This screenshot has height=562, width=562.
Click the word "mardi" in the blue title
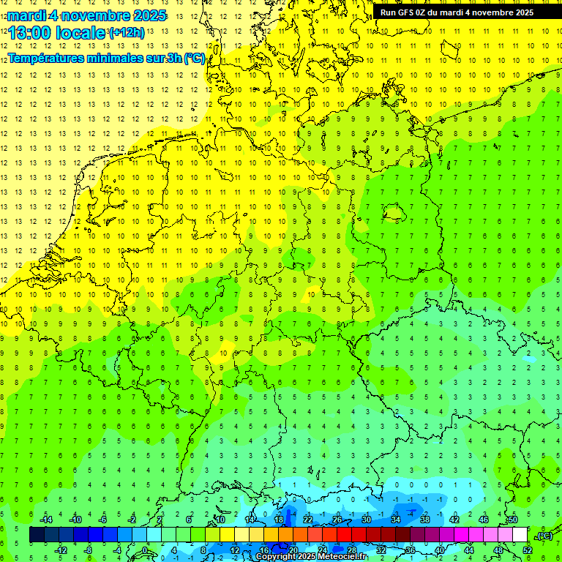click(27, 15)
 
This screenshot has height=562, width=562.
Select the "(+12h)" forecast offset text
click(127, 32)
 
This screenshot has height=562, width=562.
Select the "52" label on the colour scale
click(527, 550)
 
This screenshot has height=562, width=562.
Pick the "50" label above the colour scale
click(513, 520)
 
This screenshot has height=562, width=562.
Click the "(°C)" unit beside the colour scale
click(544, 535)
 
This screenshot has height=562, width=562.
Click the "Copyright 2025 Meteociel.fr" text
click(312, 557)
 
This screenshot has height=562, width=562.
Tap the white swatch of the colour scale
click(520, 535)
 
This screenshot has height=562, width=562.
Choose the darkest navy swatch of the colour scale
click(37, 535)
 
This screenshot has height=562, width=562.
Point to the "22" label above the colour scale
click(308, 520)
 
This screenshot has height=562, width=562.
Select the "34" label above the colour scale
click(396, 520)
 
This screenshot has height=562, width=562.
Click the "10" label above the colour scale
click(220, 520)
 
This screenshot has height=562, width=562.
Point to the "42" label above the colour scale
click(454, 520)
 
